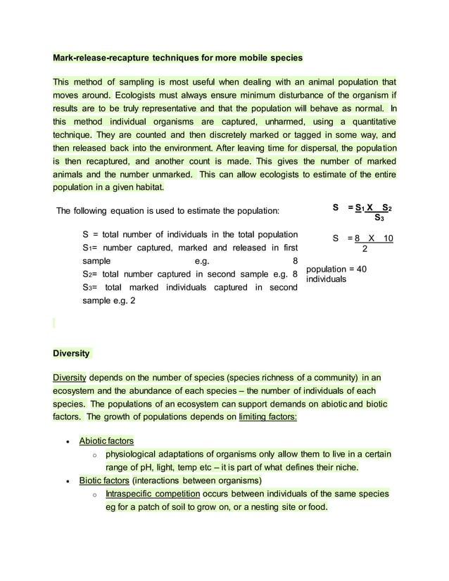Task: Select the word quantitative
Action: coord(369,122)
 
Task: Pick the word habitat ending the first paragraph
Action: coord(147,188)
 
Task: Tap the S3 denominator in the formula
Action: coord(379,218)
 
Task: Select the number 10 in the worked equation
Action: coord(387,239)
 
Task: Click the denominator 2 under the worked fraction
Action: coord(364,249)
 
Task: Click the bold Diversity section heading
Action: coord(70,353)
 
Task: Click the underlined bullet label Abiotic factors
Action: coord(106,441)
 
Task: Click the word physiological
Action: coord(135,454)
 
